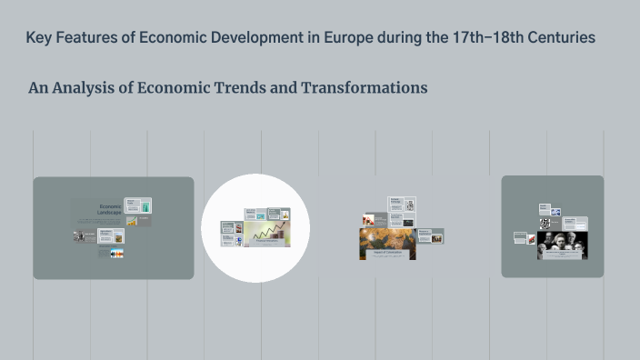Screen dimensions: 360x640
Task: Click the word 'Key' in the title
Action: pyautogui.click(x=39, y=38)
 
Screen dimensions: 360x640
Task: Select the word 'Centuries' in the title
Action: pyautogui.click(x=564, y=38)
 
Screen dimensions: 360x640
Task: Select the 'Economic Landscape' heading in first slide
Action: pyautogui.click(x=110, y=210)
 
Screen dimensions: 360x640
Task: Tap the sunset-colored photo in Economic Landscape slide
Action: pyautogui.click(x=116, y=254)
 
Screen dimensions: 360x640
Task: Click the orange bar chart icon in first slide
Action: pyautogui.click(x=132, y=221)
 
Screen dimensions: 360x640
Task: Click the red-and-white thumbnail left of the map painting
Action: pyautogui.click(x=368, y=219)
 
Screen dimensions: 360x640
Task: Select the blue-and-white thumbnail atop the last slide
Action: pyautogui.click(x=555, y=213)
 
